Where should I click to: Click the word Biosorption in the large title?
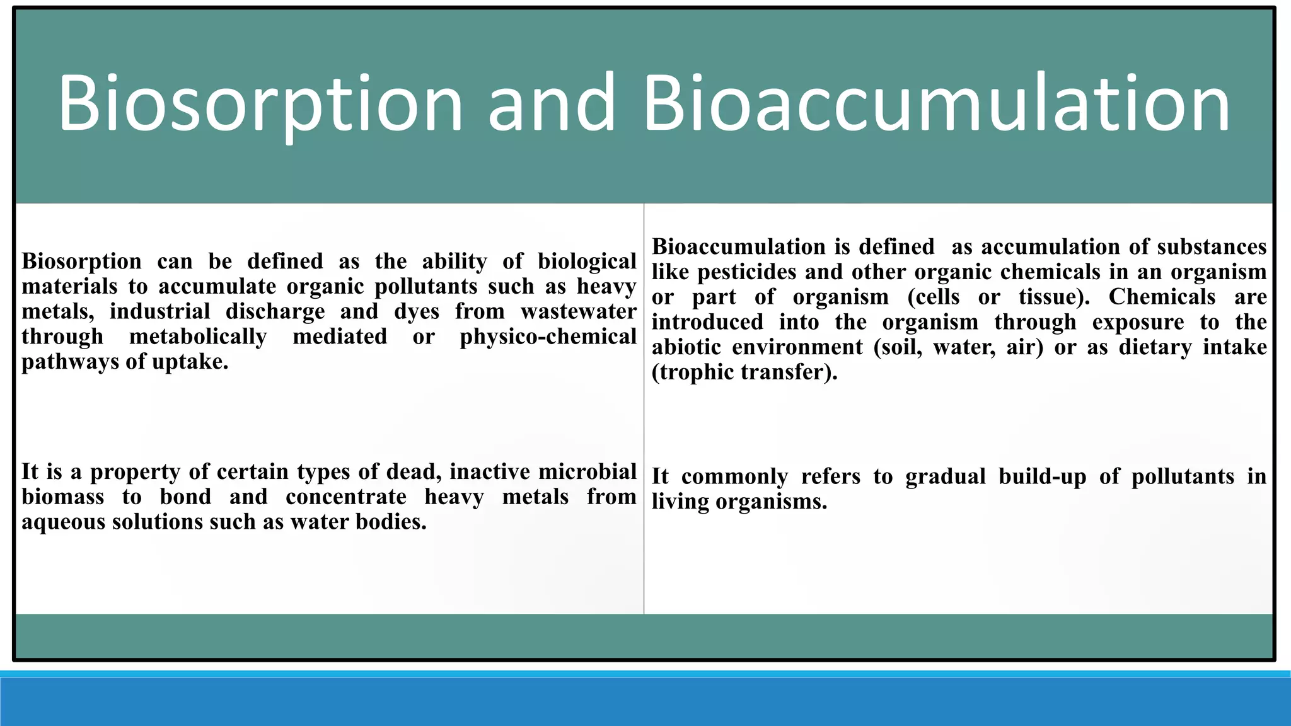[x=260, y=104]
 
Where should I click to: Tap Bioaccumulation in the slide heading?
[x=936, y=104]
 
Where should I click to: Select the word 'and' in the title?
[x=552, y=104]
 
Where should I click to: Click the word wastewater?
[x=578, y=312]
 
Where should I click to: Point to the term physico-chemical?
[x=548, y=337]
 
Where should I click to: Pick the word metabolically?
[x=198, y=337]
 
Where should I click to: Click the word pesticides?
[x=747, y=272]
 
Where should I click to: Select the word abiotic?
[x=686, y=347]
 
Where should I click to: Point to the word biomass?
[x=63, y=497]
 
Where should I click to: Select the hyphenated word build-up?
[x=1043, y=476]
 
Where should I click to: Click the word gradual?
[x=946, y=476]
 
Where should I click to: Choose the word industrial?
[x=159, y=312]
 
